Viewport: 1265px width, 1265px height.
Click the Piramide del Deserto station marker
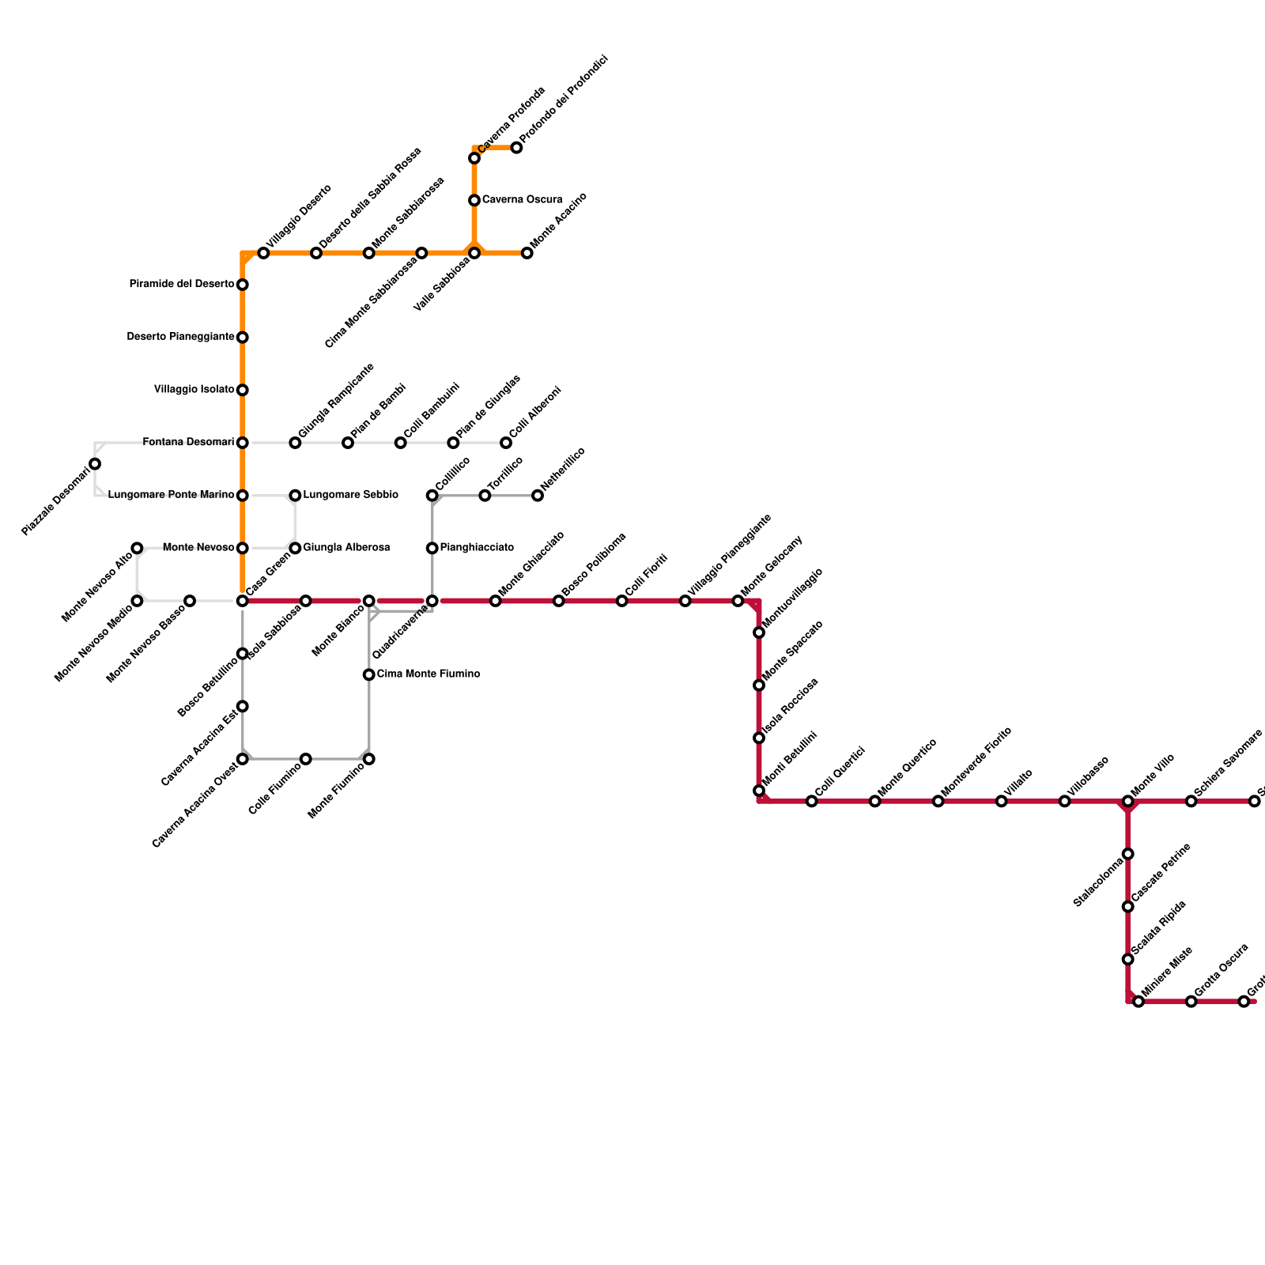click(243, 285)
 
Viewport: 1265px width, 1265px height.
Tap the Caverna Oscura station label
click(522, 200)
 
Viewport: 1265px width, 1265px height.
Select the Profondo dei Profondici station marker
click(516, 148)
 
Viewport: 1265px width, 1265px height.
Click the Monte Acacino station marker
click(527, 253)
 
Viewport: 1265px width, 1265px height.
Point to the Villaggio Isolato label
click(194, 390)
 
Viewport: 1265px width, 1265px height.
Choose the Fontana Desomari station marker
click(243, 443)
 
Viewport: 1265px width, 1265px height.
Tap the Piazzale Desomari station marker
click(95, 464)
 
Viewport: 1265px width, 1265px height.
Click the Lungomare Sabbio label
click(350, 496)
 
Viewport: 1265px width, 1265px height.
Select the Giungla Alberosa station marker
click(295, 548)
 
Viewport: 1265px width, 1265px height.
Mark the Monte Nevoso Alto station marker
click(137, 548)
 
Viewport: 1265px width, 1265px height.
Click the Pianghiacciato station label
click(477, 548)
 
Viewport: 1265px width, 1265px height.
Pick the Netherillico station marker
click(538, 496)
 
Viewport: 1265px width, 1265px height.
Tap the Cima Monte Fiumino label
click(428, 674)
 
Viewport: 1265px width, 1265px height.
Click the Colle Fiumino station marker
click(306, 759)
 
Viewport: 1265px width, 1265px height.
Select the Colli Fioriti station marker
click(622, 601)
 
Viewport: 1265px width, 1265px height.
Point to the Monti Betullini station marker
click(759, 791)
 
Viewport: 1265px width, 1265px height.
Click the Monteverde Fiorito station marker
click(938, 802)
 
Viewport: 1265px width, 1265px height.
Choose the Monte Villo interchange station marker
click(1128, 802)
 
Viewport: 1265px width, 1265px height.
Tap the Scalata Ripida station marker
click(1128, 959)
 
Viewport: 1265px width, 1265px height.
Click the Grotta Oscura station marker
click(1191, 1002)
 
